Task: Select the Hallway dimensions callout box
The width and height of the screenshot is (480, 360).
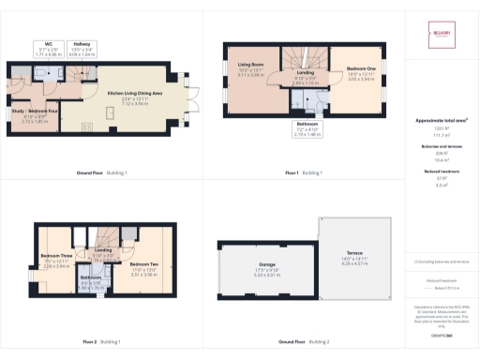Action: click(x=83, y=47)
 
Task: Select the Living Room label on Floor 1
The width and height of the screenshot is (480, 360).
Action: click(x=251, y=66)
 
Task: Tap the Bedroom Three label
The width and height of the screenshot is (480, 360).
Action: click(x=56, y=257)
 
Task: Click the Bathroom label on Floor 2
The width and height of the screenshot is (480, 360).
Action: click(x=90, y=278)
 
